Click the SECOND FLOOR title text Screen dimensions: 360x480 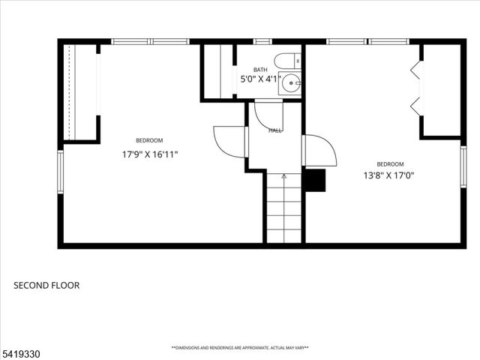click(x=46, y=285)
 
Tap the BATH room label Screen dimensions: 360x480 click(x=259, y=70)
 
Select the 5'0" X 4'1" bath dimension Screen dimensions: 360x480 click(x=259, y=79)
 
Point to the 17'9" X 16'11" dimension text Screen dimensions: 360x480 click(x=150, y=154)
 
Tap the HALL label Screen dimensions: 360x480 click(x=275, y=130)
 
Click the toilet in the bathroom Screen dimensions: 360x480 click(x=286, y=61)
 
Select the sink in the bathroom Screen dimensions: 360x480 click(x=289, y=83)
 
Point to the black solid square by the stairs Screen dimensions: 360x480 click(x=314, y=181)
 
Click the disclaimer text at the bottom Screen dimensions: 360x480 click(x=240, y=348)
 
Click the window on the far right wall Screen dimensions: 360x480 click(x=463, y=166)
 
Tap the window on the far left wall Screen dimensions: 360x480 click(x=61, y=172)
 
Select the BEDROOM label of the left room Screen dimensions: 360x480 click(x=149, y=141)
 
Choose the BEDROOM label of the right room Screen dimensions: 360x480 click(x=390, y=164)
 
